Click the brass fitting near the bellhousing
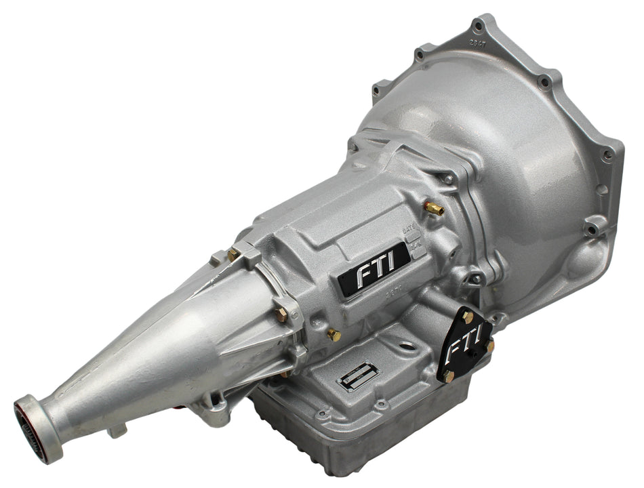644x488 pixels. [434, 208]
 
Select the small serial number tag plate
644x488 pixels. [357, 373]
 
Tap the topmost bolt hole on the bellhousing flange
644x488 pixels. [479, 27]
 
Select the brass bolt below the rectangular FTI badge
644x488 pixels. [333, 334]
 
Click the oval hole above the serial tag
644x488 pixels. [406, 346]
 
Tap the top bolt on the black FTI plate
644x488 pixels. [467, 317]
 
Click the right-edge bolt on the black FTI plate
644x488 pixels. [489, 346]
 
